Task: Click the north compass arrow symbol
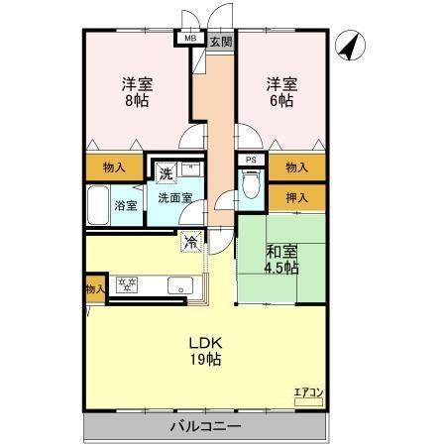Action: click(x=350, y=44)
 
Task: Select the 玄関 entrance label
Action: click(x=220, y=41)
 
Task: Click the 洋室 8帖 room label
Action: click(x=137, y=91)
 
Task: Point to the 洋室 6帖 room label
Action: click(x=279, y=91)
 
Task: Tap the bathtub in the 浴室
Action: click(x=97, y=205)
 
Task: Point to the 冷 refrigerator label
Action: click(x=188, y=239)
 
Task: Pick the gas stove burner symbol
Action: click(x=126, y=285)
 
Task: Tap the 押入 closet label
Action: click(x=295, y=197)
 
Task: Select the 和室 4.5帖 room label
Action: click(x=281, y=258)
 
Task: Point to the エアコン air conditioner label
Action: click(x=308, y=392)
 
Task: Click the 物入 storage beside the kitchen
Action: click(x=94, y=289)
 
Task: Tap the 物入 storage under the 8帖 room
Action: click(x=114, y=167)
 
